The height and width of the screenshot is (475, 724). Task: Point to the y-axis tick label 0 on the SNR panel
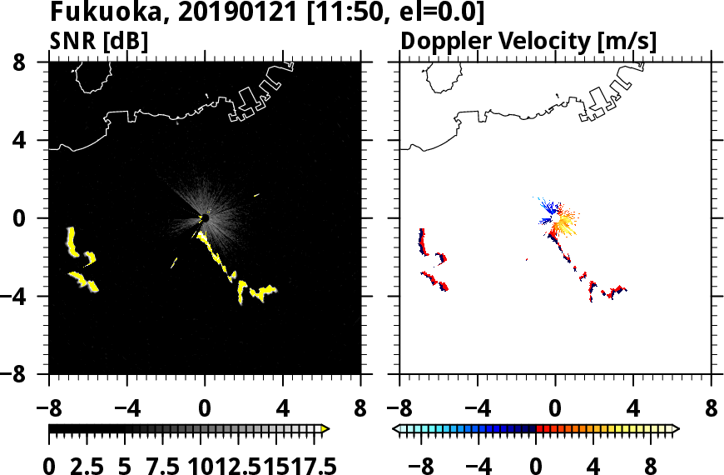tap(34, 218)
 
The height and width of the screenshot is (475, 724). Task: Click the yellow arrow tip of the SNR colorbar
tap(325, 429)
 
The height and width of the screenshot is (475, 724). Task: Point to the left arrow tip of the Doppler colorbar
tap(396, 429)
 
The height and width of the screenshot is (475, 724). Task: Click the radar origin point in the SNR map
tap(204, 218)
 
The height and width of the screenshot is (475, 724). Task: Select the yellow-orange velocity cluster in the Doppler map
tap(565, 223)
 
